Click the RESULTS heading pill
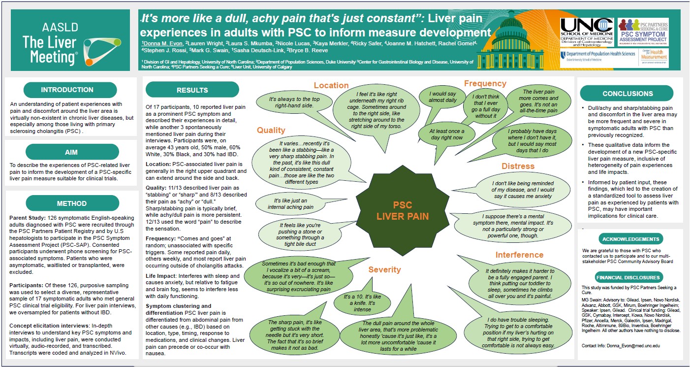coord(192,90)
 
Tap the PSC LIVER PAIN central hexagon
coord(402,211)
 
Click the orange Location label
coord(331,86)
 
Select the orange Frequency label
coord(485,84)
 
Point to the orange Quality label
coord(271,131)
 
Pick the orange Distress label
coord(518,167)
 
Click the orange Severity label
coord(384,270)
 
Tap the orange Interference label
coord(519,255)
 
